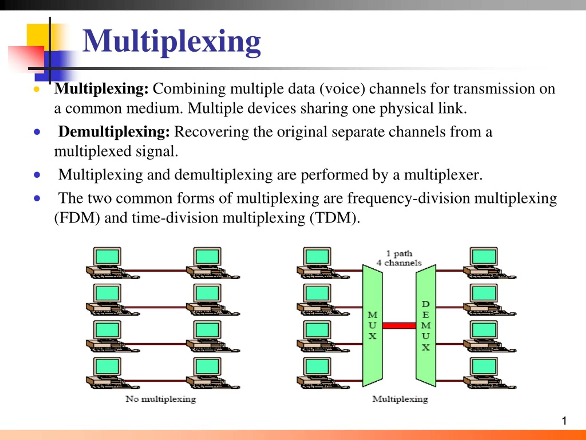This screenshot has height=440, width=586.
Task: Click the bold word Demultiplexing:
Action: pyautogui.click(x=114, y=132)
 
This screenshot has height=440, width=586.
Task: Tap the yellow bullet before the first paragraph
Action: pyautogui.click(x=37, y=89)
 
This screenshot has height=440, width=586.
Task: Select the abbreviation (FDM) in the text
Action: pyautogui.click(x=77, y=218)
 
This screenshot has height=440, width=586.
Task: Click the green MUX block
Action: pyautogui.click(x=372, y=325)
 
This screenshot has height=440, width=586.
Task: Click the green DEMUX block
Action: pyautogui.click(x=426, y=325)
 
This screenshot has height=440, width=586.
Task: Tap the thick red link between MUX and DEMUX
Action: pyautogui.click(x=399, y=325)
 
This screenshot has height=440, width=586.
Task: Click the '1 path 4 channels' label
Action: pyautogui.click(x=399, y=258)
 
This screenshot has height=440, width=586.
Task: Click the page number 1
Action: pyautogui.click(x=564, y=421)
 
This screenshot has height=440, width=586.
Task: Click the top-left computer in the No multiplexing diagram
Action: pyautogui.click(x=109, y=263)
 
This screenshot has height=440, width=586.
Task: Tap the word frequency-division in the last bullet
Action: pyautogui.click(x=408, y=198)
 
